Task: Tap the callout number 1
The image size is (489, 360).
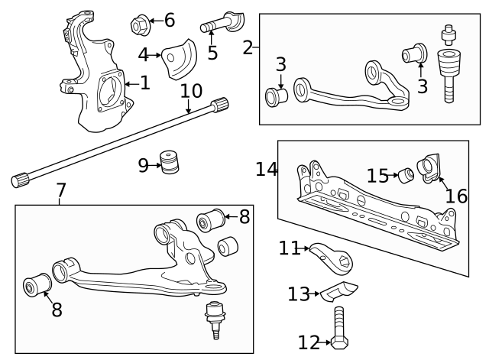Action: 145,82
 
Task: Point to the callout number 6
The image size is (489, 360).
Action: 169,20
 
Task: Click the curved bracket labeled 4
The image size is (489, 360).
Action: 178,56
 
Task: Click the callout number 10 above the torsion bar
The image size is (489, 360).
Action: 191,91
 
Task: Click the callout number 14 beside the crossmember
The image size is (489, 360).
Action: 266,169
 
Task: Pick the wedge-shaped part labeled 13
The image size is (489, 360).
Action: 339,291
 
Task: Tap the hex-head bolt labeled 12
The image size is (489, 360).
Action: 339,331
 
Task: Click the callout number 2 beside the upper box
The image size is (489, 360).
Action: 248,47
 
